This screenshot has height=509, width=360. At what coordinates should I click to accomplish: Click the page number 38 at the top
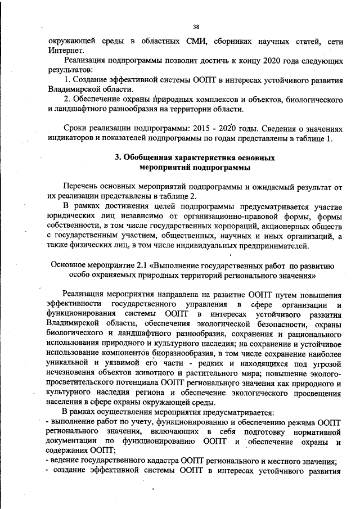(x=196, y=26)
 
